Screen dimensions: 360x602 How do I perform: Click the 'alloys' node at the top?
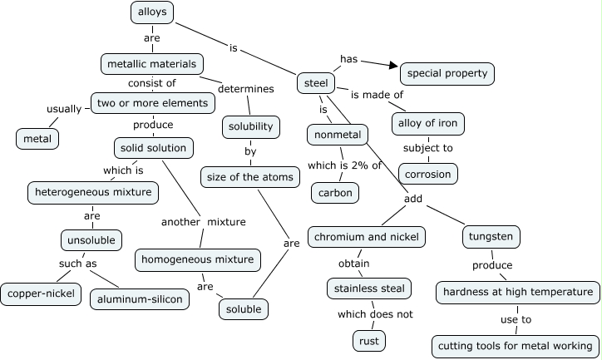click(152, 12)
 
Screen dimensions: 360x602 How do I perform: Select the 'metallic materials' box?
click(151, 63)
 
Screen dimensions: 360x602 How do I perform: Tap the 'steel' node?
click(316, 83)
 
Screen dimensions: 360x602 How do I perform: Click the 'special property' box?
click(447, 73)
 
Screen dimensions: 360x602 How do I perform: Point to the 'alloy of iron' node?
click(427, 123)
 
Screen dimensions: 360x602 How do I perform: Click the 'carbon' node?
click(336, 193)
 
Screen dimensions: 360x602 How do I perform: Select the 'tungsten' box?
click(491, 237)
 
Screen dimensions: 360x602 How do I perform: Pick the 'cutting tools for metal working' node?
click(515, 345)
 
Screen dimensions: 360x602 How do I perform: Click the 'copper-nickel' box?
click(40, 293)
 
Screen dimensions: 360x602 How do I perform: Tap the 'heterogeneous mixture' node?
click(92, 192)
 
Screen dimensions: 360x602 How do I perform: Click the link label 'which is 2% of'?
click(343, 165)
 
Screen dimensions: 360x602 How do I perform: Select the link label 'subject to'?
click(427, 148)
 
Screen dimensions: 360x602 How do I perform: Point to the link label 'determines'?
click(246, 89)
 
